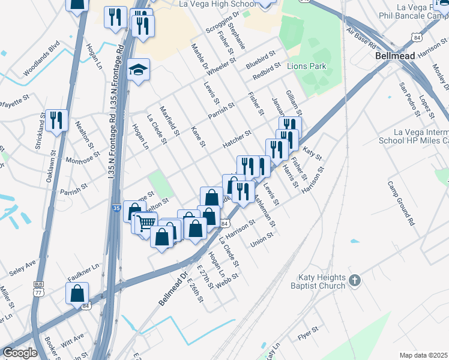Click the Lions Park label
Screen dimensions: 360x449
click(x=307, y=66)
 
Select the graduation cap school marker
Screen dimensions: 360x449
click(x=139, y=70)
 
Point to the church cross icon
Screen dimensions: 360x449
click(x=355, y=281)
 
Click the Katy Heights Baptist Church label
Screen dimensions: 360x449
click(x=322, y=282)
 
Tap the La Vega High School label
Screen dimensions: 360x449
click(x=217, y=4)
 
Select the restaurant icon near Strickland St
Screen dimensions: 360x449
click(x=56, y=120)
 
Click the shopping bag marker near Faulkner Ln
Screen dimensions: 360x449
click(x=77, y=293)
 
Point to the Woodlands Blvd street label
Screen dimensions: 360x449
click(x=42, y=59)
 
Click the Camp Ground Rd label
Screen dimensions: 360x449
click(x=402, y=203)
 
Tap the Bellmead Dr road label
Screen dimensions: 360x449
click(x=173, y=289)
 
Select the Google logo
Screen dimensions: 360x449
click(x=20, y=352)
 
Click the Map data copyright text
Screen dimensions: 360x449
click(x=423, y=355)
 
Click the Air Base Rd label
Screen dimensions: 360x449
click(x=361, y=39)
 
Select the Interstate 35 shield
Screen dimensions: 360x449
click(x=116, y=208)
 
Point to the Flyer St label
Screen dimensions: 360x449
click(x=307, y=331)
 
